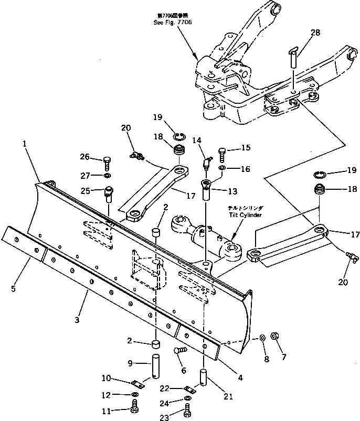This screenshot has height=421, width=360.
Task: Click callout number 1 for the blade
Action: pos(24,144)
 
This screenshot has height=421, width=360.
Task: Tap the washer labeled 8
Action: pos(261,339)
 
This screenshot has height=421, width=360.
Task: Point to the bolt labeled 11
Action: pos(135,405)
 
